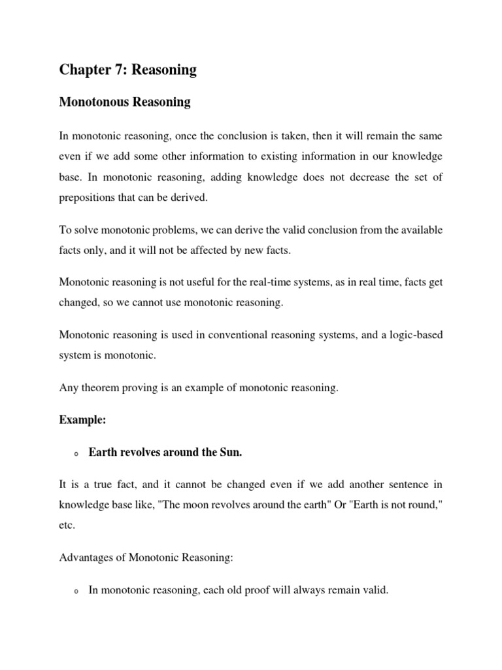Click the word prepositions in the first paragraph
88,196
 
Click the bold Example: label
82,421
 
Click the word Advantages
86,557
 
